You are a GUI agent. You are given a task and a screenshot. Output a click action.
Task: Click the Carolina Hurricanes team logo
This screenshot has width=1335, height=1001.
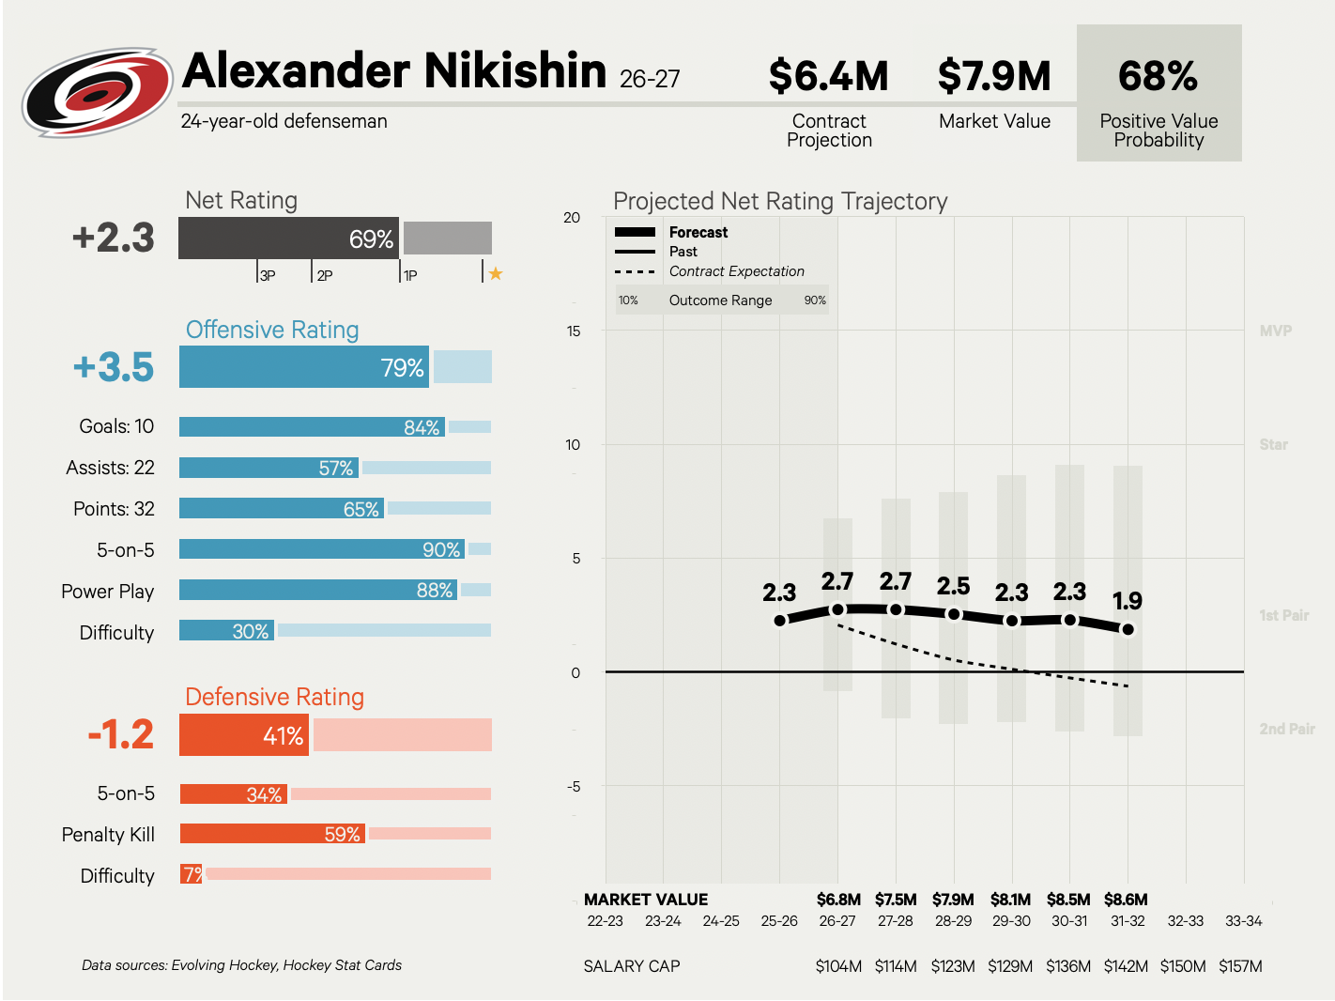[98, 92]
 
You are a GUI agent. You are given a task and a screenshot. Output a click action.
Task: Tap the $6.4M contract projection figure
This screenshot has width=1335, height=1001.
[828, 76]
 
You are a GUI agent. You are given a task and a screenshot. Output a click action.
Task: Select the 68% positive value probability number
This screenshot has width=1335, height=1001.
[1158, 76]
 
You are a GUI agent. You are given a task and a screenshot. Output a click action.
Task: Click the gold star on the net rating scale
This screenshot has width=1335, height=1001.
[496, 273]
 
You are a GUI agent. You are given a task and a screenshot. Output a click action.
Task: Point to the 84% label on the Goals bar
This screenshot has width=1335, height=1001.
[422, 427]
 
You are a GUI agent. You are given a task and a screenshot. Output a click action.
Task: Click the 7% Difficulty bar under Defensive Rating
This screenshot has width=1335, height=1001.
[191, 874]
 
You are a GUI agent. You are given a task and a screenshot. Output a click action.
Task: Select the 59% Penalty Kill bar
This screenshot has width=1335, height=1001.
[272, 833]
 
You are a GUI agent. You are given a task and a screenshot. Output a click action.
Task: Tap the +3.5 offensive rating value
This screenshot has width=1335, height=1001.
[114, 367]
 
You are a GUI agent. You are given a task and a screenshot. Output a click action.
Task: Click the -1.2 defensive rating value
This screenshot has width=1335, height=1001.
[121, 734]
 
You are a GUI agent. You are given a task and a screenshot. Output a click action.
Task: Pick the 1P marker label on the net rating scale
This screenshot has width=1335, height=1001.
[410, 275]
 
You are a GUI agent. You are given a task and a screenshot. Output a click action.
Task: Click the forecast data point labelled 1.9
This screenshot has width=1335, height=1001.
[1128, 629]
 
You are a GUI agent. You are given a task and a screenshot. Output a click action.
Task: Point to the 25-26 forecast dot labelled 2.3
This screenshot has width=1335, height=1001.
[780, 621]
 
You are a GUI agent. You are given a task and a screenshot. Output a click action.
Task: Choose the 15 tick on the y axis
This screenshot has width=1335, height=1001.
[573, 331]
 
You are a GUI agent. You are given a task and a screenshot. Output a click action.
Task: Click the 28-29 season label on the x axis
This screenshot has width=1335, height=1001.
[953, 921]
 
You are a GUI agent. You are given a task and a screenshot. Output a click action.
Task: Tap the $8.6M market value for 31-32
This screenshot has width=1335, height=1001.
[1126, 899]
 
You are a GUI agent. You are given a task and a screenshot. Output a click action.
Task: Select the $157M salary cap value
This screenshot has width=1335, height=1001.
[1240, 965]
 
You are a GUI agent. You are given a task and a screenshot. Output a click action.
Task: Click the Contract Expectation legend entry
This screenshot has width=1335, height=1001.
[737, 271]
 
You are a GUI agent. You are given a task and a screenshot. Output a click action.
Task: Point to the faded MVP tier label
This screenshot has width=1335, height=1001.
[1276, 331]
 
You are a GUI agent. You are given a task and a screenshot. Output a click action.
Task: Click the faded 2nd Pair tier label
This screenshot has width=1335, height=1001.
[1287, 729]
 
